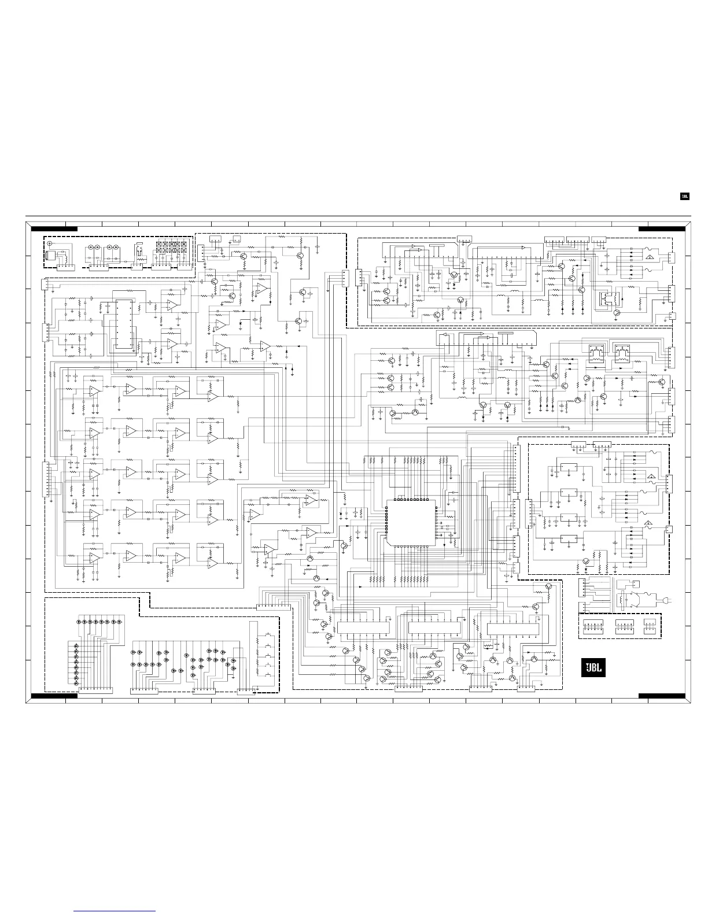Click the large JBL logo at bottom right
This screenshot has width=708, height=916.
593,668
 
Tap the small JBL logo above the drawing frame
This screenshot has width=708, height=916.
684,196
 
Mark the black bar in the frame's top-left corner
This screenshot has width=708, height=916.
54,229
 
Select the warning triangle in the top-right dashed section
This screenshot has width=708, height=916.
650,256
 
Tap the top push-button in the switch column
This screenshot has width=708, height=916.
268,635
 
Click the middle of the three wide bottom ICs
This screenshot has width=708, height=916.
434,627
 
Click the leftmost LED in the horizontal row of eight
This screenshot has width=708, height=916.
80,622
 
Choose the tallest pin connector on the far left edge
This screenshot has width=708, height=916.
46,479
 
